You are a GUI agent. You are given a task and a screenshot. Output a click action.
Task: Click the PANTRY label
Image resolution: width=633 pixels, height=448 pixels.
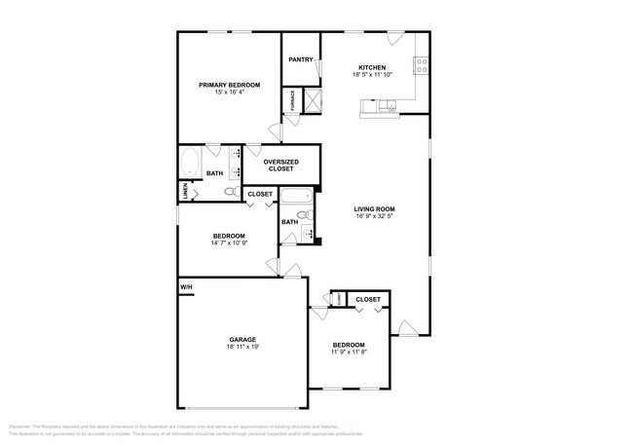click(x=301, y=59)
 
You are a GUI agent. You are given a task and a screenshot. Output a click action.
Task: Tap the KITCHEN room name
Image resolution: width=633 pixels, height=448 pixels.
click(x=372, y=67)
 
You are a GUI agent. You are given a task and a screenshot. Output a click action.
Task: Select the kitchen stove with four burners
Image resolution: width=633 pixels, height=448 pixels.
click(x=422, y=67)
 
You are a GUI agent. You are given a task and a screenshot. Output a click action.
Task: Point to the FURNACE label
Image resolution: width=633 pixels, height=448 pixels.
click(x=291, y=99)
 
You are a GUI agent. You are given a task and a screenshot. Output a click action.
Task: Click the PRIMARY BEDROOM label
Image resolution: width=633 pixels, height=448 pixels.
click(x=230, y=85)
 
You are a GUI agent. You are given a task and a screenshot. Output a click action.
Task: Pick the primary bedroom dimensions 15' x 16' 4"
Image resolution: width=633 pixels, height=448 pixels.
click(x=230, y=93)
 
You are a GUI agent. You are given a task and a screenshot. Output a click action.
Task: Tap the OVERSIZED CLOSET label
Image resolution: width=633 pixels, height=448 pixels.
click(x=280, y=165)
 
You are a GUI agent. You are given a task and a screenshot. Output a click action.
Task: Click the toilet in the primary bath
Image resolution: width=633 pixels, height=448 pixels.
click(x=230, y=192)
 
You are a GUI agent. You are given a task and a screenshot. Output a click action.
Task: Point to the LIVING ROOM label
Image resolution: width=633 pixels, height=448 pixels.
click(x=374, y=208)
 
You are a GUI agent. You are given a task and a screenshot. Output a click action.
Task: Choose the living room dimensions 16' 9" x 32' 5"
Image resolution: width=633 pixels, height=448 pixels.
click(x=374, y=216)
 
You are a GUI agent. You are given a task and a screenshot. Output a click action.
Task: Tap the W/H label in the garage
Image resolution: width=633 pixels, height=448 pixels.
click(x=185, y=287)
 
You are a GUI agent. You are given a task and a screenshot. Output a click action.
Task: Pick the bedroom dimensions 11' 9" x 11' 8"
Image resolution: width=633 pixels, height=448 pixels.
click(x=349, y=353)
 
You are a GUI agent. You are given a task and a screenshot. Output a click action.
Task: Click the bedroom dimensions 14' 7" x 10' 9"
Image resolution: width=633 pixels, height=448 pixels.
click(x=229, y=243)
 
